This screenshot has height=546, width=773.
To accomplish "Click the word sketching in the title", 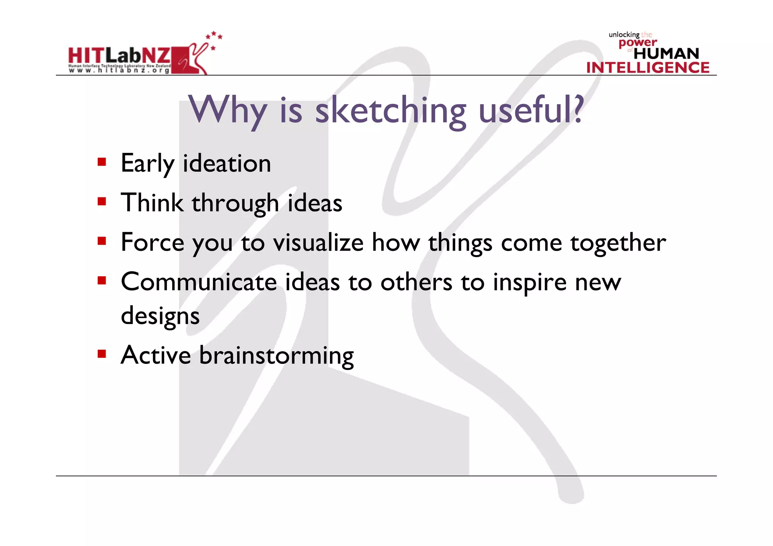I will [x=391, y=111].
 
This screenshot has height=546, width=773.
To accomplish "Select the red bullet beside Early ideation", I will [x=102, y=162].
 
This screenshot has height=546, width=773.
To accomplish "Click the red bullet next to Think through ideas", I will [x=102, y=201].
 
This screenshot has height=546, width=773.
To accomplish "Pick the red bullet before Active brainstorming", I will [x=102, y=354].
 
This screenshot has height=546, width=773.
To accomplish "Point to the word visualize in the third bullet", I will [x=318, y=243].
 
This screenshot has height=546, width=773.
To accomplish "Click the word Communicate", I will [x=199, y=282].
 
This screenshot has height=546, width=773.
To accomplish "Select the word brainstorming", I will [x=276, y=356].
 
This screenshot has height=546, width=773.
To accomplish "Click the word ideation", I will [x=227, y=164].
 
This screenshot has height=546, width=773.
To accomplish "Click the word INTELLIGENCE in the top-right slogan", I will [x=648, y=68].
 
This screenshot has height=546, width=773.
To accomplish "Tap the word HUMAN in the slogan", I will [x=666, y=54].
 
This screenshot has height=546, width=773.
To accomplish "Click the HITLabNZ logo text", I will [x=119, y=56].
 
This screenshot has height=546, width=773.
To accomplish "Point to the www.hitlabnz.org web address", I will [x=119, y=70].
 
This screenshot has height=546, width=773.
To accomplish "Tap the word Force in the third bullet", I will [x=152, y=243].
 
